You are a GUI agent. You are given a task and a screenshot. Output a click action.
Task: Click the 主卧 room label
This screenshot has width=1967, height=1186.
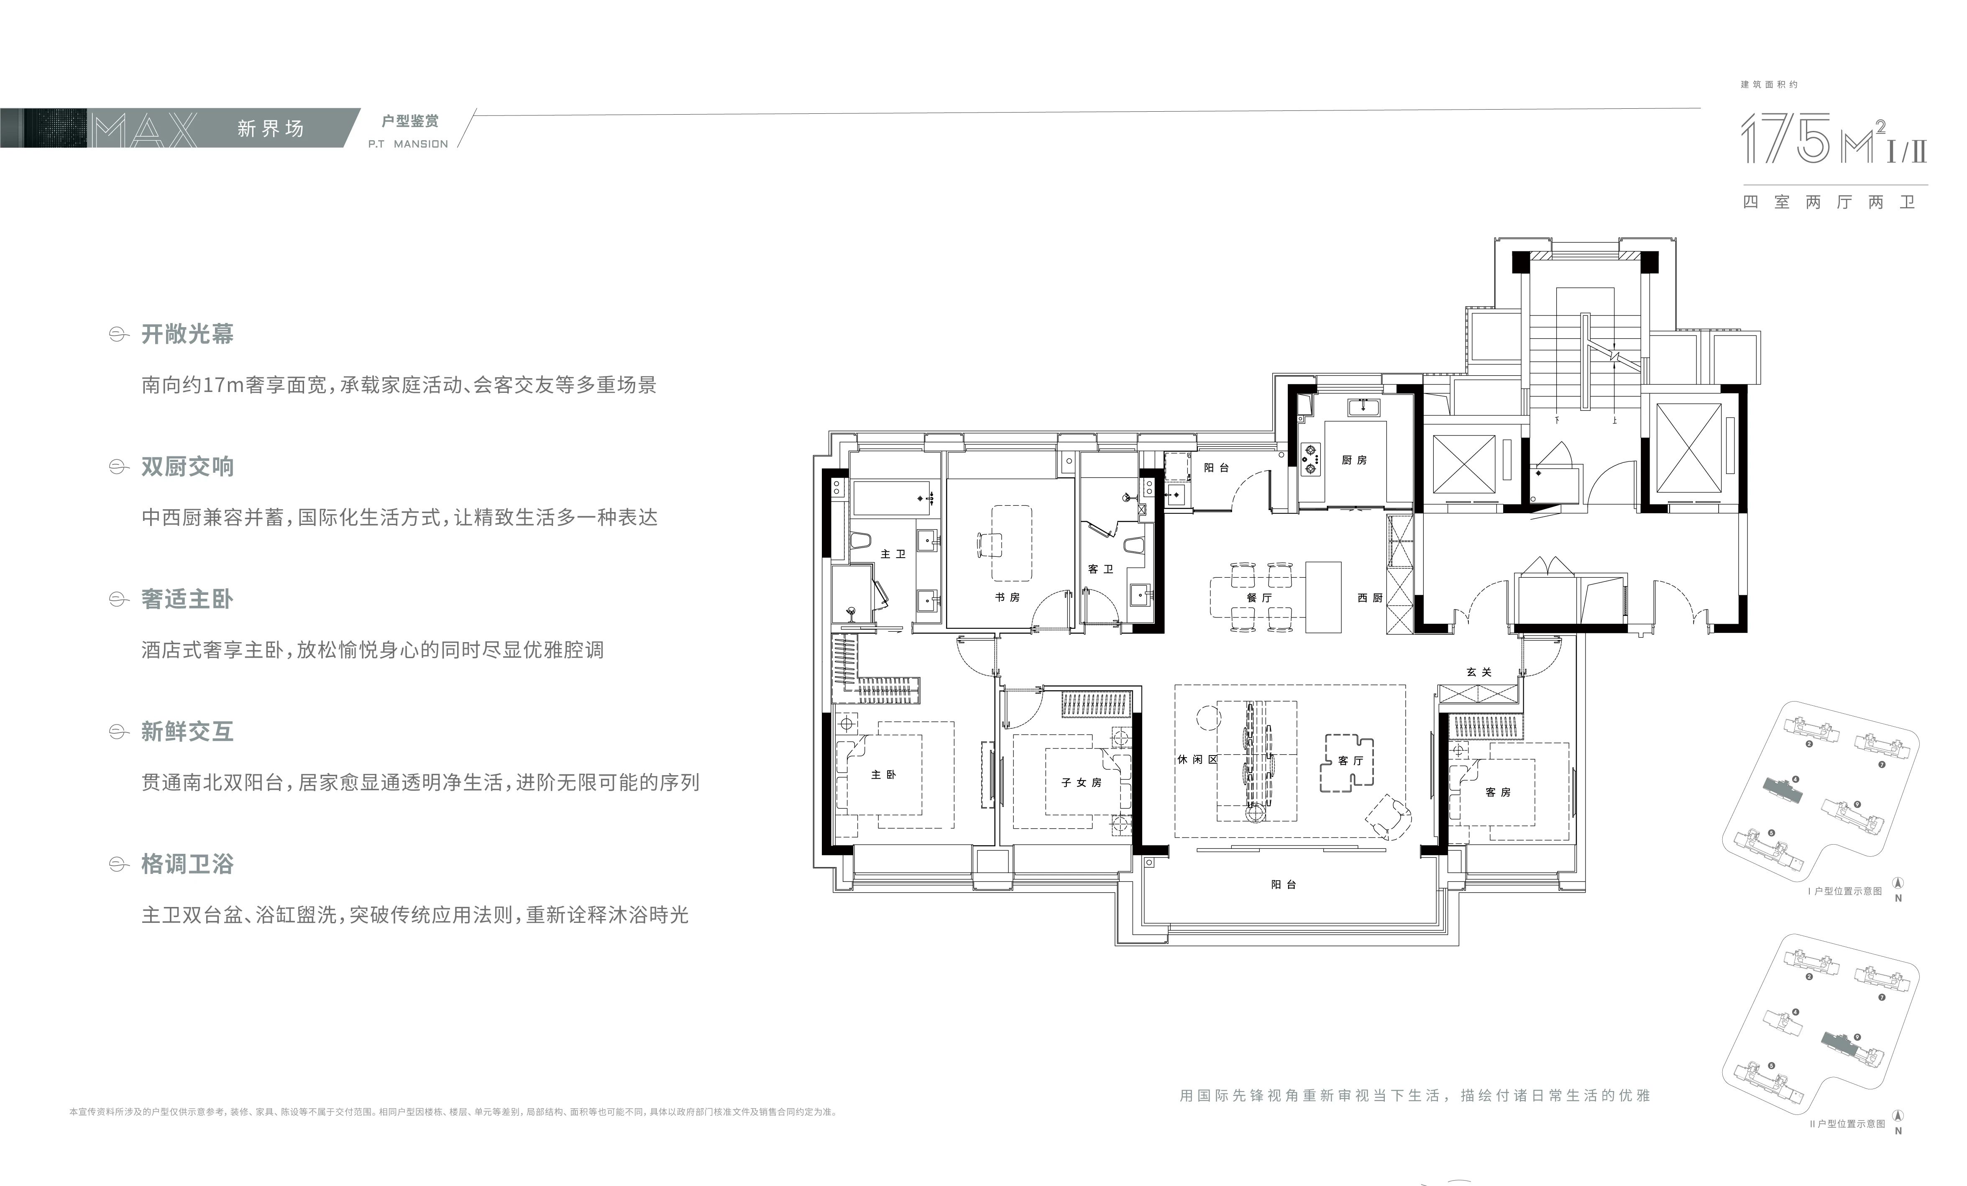pos(883,775)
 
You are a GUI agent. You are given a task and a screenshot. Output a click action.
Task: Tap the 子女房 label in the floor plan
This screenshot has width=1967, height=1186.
pos(1081,783)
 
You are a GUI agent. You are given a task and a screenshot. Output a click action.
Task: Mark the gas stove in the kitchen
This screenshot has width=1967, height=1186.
pos(1310,459)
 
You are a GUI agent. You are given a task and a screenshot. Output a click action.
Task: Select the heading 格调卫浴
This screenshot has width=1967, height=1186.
pos(188,864)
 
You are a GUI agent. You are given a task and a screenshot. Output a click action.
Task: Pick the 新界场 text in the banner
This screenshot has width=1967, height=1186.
pos(271,128)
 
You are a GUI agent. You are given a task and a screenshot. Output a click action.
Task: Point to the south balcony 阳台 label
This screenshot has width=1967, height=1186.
pos(1284,885)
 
